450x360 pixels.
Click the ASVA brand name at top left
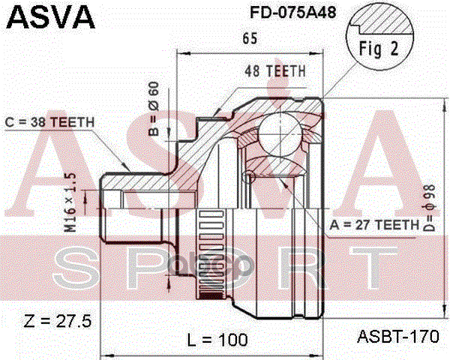point(50,17)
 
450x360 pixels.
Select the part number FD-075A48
point(293,12)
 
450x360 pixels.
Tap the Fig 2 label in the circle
point(379,49)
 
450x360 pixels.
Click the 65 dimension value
point(250,38)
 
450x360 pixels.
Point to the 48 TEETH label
point(275,71)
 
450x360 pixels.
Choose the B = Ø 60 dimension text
point(154,109)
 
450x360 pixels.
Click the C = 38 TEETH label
point(49,122)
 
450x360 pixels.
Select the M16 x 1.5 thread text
point(70,202)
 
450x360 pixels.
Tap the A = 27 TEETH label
point(374,225)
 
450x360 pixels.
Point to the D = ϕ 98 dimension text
point(430,208)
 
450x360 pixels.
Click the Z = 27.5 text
point(58,321)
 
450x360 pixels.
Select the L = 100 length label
point(217,340)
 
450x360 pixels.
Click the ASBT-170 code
point(398,337)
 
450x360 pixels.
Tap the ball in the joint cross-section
point(280,134)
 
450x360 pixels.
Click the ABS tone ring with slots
point(211,254)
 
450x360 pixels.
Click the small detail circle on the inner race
point(248,176)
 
